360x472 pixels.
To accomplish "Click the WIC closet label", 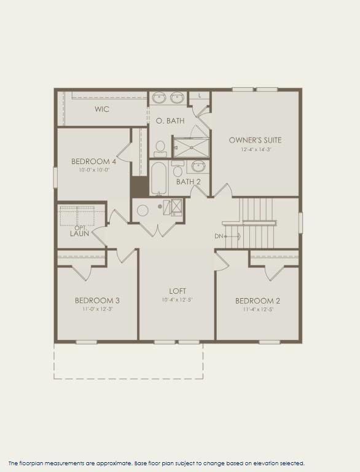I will [102, 109].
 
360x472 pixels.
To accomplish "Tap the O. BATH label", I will [170, 121].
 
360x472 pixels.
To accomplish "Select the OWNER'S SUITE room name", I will [255, 140].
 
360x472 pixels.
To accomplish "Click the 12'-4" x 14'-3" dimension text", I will [255, 149].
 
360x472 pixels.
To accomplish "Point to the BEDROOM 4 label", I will [93, 162].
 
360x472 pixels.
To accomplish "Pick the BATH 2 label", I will [188, 182].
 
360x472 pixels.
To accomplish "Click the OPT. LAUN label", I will [79, 231].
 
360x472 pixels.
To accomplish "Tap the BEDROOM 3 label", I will [97, 301].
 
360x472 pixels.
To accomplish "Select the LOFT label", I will [178, 291].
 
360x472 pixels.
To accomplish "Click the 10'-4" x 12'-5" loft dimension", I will [178, 300].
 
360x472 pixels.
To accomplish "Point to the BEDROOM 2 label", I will [257, 301].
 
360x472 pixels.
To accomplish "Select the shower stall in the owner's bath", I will [190, 147].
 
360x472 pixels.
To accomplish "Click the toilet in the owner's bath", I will [160, 147].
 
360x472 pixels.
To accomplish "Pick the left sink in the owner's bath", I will [158, 97].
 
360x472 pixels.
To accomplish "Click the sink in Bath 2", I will [198, 166].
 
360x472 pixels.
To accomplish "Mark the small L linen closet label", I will [200, 95].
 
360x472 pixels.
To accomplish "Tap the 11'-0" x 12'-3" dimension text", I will [97, 309].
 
